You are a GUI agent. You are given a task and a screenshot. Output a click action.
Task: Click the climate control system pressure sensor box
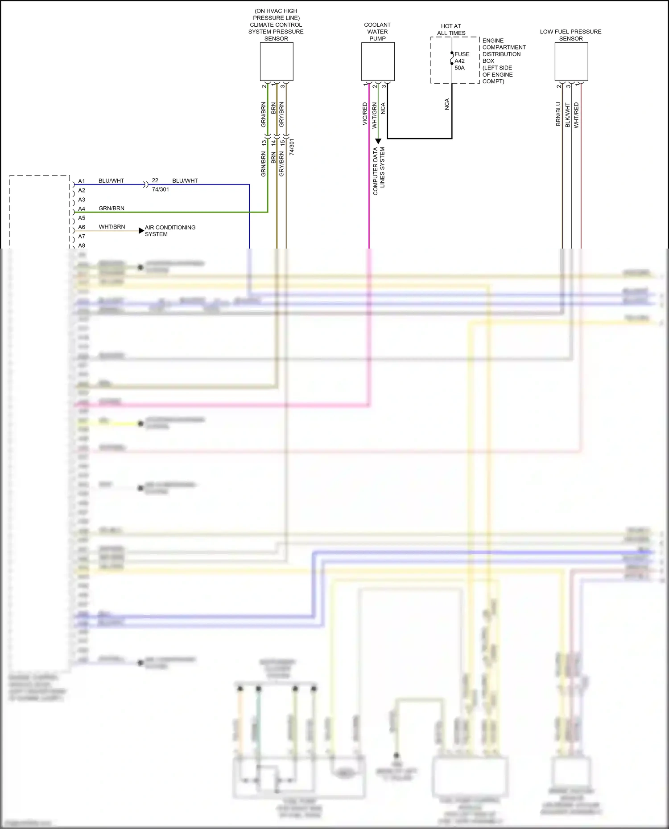(277, 61)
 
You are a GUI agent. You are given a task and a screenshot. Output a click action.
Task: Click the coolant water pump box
(378, 61)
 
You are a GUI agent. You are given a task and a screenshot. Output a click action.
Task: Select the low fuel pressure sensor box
(571, 61)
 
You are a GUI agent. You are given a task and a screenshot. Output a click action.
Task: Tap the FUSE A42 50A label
(461, 61)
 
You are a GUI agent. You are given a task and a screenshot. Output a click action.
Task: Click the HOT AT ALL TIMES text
(451, 29)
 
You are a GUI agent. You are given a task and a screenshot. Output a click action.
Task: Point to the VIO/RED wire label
(365, 114)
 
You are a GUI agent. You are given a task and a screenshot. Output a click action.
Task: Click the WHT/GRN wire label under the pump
(374, 115)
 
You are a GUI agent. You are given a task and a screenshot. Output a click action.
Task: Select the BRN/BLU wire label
(558, 114)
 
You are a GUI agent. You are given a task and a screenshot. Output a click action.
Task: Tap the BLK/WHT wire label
(567, 115)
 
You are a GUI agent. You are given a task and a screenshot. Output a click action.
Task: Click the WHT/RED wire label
(576, 115)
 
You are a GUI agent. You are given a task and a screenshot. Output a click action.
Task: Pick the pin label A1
(82, 181)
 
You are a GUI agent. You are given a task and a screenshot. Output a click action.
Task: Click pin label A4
(82, 209)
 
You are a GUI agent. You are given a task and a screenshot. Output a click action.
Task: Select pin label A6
(82, 227)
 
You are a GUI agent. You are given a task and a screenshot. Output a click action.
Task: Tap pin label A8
(82, 245)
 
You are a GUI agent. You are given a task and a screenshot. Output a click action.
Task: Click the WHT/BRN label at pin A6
(112, 227)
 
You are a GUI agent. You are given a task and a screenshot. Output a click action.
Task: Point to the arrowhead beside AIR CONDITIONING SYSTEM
(141, 231)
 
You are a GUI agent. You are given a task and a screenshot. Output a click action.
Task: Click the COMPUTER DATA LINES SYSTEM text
(379, 171)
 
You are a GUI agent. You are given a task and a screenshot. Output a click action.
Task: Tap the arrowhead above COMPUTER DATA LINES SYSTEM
(378, 141)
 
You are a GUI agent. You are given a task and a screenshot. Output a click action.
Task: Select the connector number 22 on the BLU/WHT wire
(155, 180)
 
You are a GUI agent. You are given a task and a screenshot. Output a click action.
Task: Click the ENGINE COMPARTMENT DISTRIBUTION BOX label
(504, 61)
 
